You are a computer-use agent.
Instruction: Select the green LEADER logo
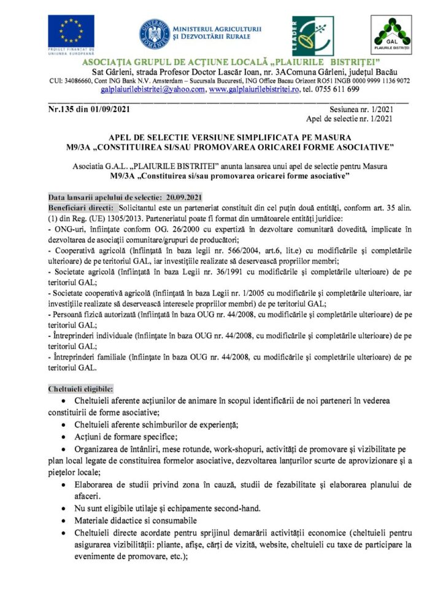point(313,36)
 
